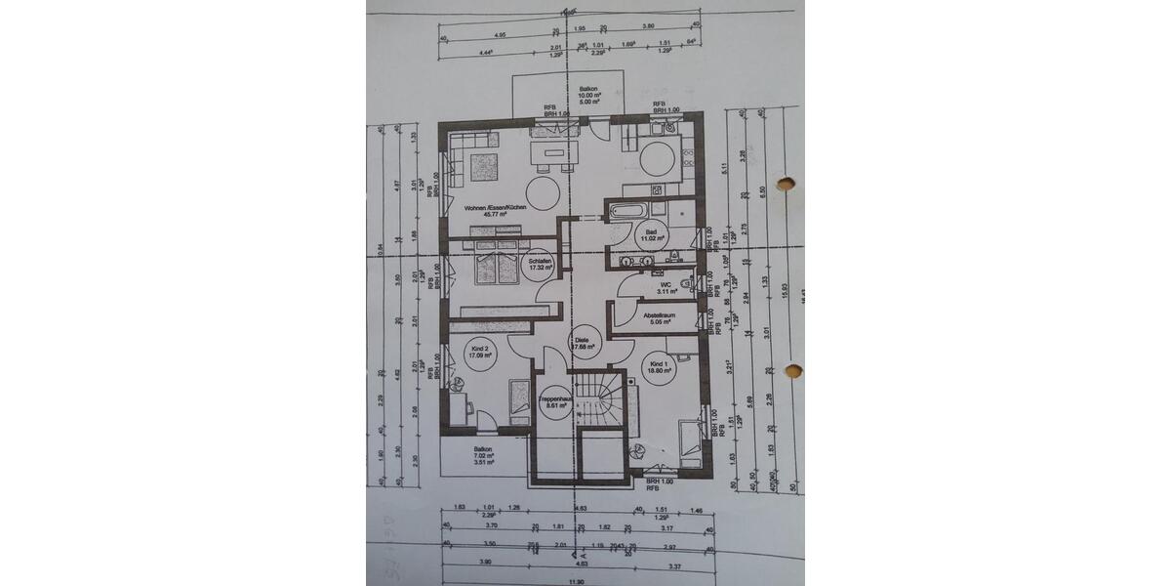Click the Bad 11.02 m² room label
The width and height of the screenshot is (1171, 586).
pos(651,236)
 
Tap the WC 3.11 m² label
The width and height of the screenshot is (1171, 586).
pos(666,287)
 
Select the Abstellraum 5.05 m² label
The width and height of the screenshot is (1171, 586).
pos(660,318)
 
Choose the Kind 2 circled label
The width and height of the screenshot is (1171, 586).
pos(479,354)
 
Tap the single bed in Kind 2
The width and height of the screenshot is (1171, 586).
pos(515,405)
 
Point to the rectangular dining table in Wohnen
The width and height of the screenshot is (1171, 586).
pos(552,154)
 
